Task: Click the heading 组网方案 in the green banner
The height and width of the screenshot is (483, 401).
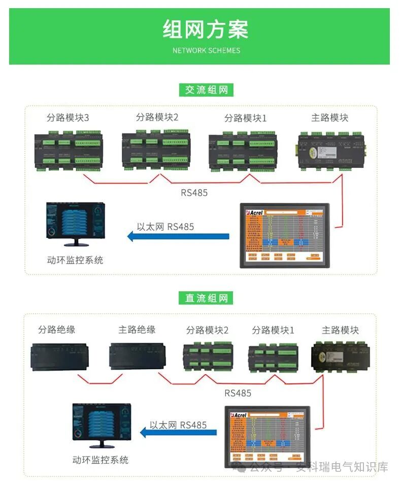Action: tap(206, 29)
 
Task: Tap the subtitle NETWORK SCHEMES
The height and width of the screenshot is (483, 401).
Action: tap(206, 50)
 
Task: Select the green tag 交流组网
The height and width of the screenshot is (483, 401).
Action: tap(206, 90)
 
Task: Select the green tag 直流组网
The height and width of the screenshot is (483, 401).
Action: tap(206, 298)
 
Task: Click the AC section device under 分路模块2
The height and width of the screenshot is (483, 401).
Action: tap(155, 150)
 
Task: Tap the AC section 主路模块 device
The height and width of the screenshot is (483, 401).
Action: tap(332, 149)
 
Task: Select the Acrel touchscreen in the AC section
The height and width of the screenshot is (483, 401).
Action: tap(285, 235)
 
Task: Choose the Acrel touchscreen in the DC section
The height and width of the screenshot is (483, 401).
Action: tap(267, 436)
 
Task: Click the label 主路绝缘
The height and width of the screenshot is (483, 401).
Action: tap(137, 330)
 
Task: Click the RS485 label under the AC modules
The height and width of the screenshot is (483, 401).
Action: tap(194, 193)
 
